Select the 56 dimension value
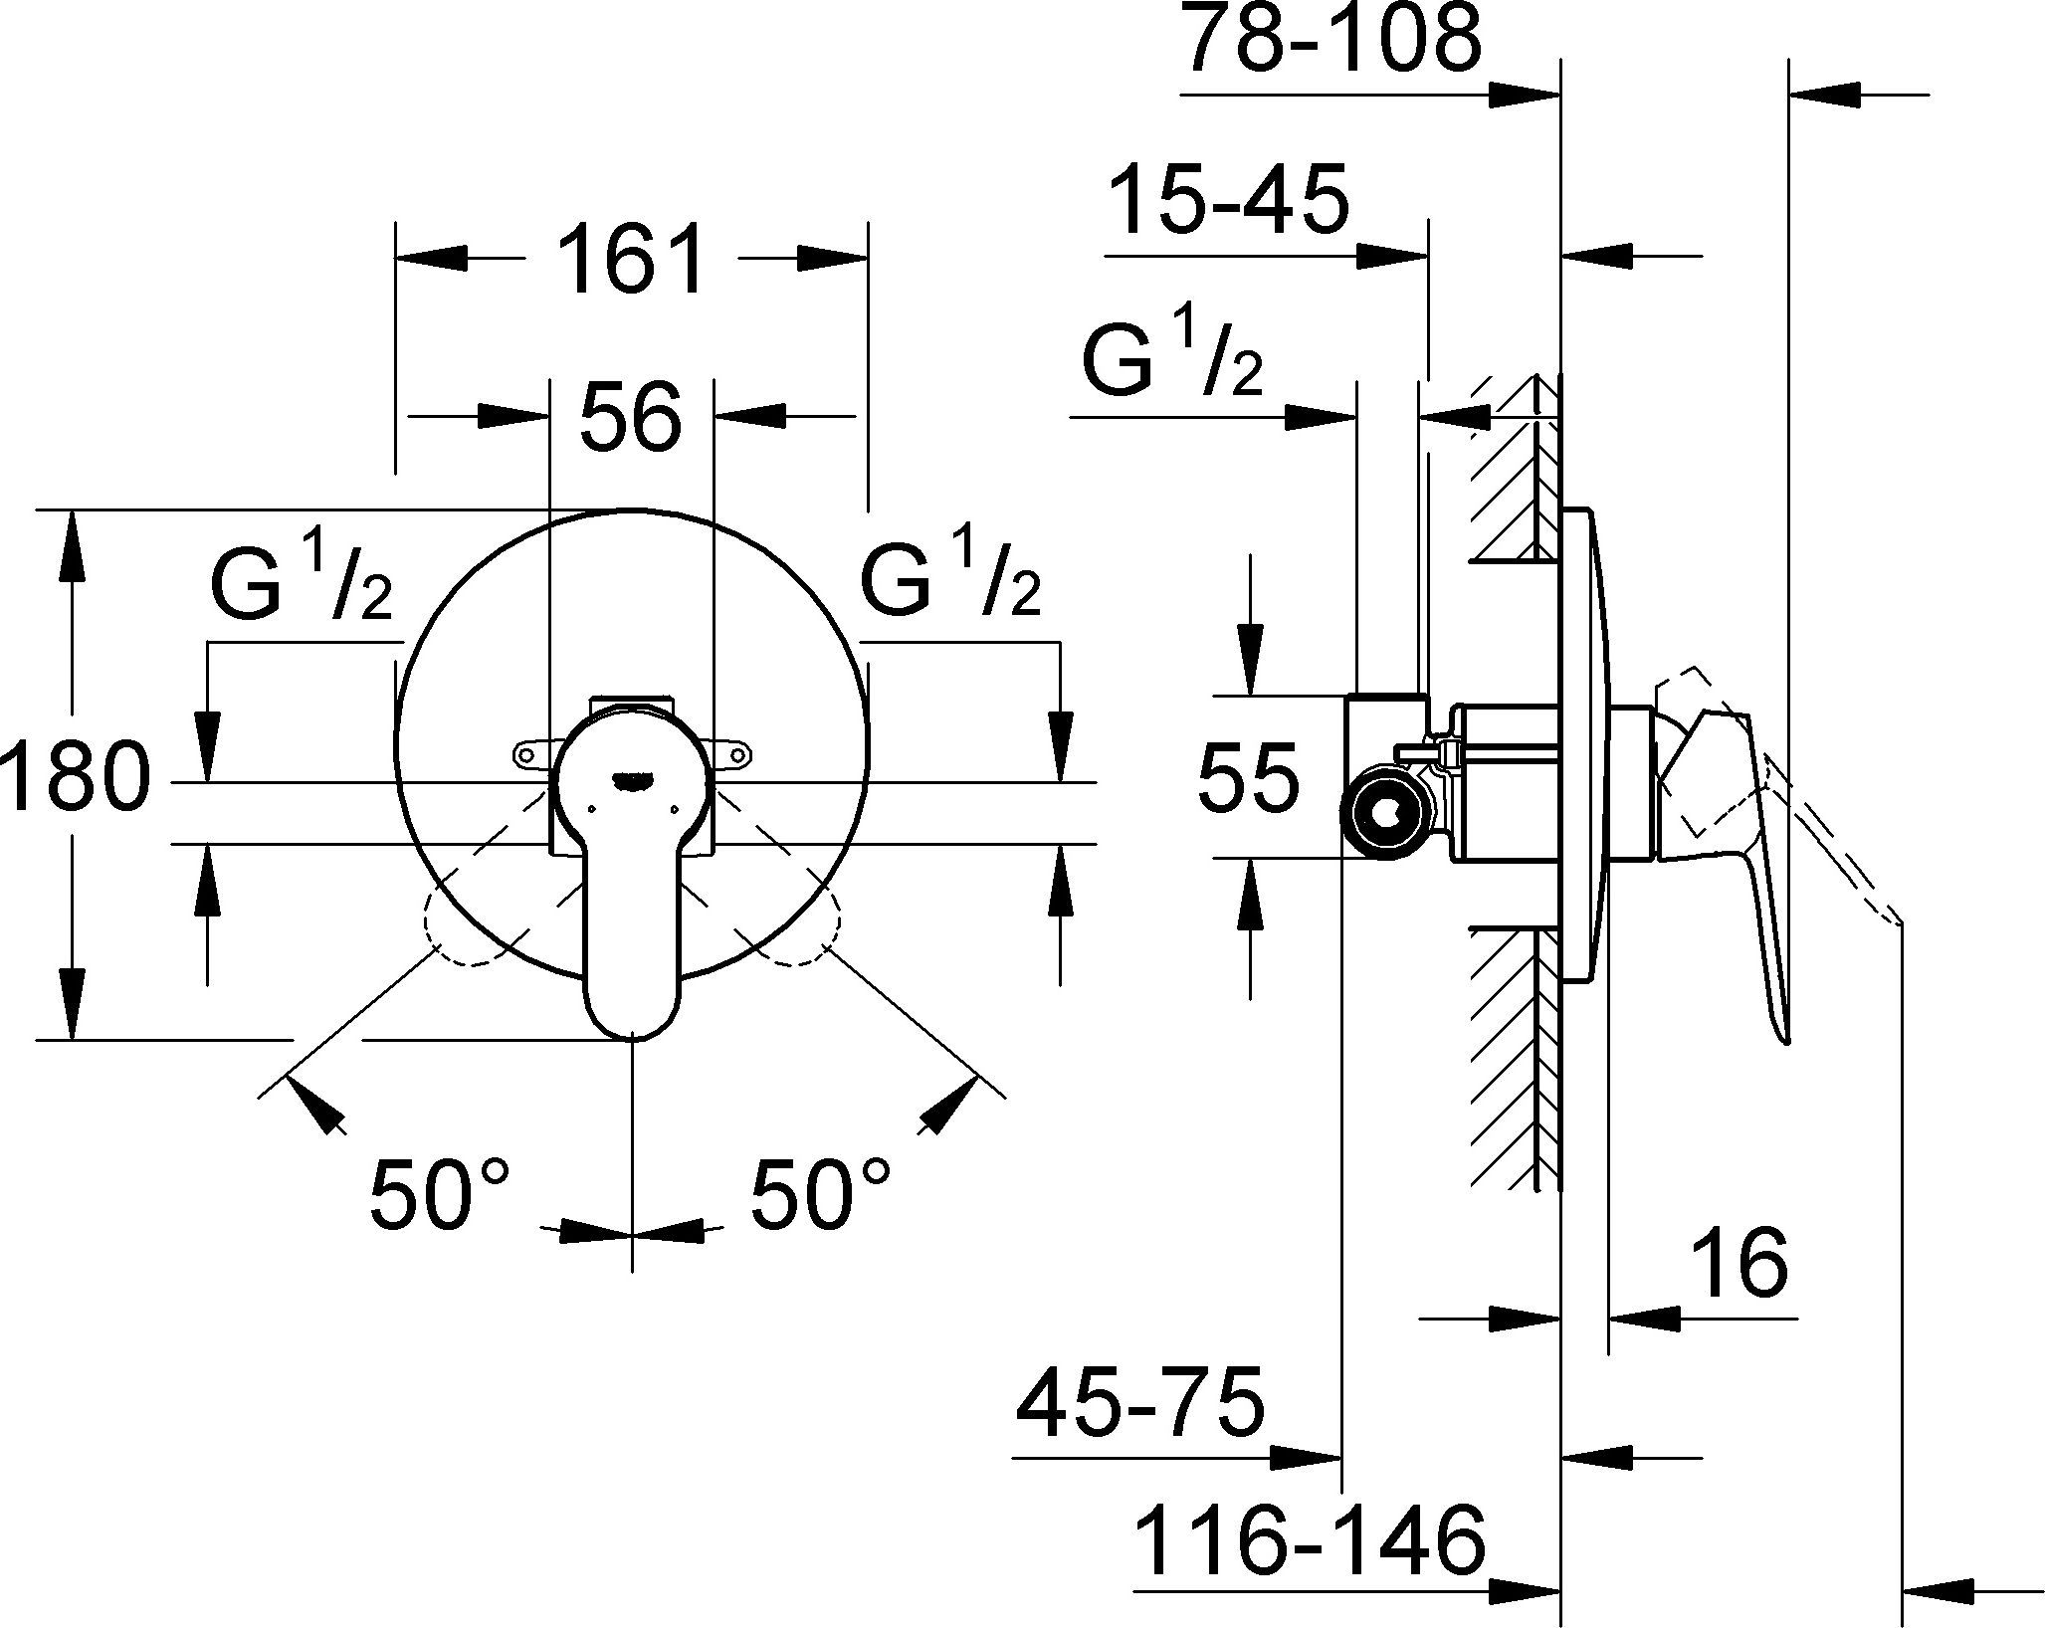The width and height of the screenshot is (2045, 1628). pyautogui.click(x=631, y=417)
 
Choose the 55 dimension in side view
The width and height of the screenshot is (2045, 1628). pyautogui.click(x=1248, y=777)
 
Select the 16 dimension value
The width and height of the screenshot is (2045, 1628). pyautogui.click(x=1740, y=1265)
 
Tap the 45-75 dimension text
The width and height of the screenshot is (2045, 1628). pyautogui.click(x=1139, y=1405)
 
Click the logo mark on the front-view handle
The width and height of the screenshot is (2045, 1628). pyautogui.click(x=631, y=782)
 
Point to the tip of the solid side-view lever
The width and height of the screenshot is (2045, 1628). pyautogui.click(x=1785, y=1037)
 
